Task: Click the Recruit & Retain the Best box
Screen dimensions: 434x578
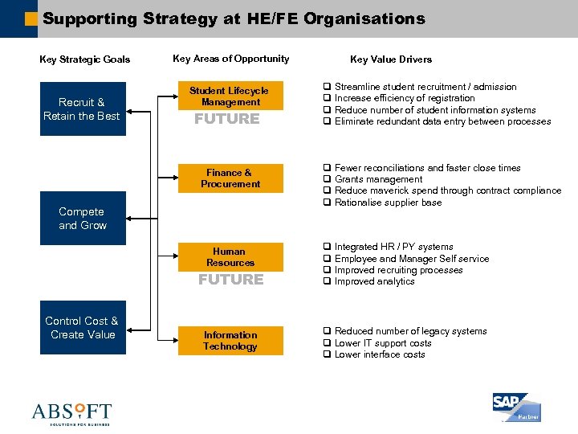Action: [82, 109]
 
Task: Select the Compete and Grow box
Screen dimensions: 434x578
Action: [82, 219]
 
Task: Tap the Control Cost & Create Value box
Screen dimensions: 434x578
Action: [82, 328]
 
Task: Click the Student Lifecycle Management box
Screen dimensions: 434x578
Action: [230, 96]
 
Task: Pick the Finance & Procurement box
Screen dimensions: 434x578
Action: [230, 178]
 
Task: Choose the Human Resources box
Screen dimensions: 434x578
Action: [230, 257]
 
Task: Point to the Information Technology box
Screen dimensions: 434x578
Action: [230, 341]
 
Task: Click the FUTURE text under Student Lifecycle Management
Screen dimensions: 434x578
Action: [227, 119]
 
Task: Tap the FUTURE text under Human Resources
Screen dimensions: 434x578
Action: [230, 280]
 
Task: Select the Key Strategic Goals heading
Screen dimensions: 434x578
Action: [85, 59]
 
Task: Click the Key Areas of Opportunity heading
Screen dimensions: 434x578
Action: [230, 59]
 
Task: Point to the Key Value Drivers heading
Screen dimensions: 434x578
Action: [391, 59]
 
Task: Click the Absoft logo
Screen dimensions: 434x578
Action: [71, 413]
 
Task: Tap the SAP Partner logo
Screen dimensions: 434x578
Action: [516, 407]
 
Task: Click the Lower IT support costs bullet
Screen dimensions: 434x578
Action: [382, 343]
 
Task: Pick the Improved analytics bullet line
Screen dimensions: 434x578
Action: [374, 281]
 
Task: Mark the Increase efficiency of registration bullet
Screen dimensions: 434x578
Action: [404, 98]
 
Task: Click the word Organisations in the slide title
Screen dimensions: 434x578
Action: [364, 18]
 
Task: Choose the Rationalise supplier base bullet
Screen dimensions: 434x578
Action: [388, 203]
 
